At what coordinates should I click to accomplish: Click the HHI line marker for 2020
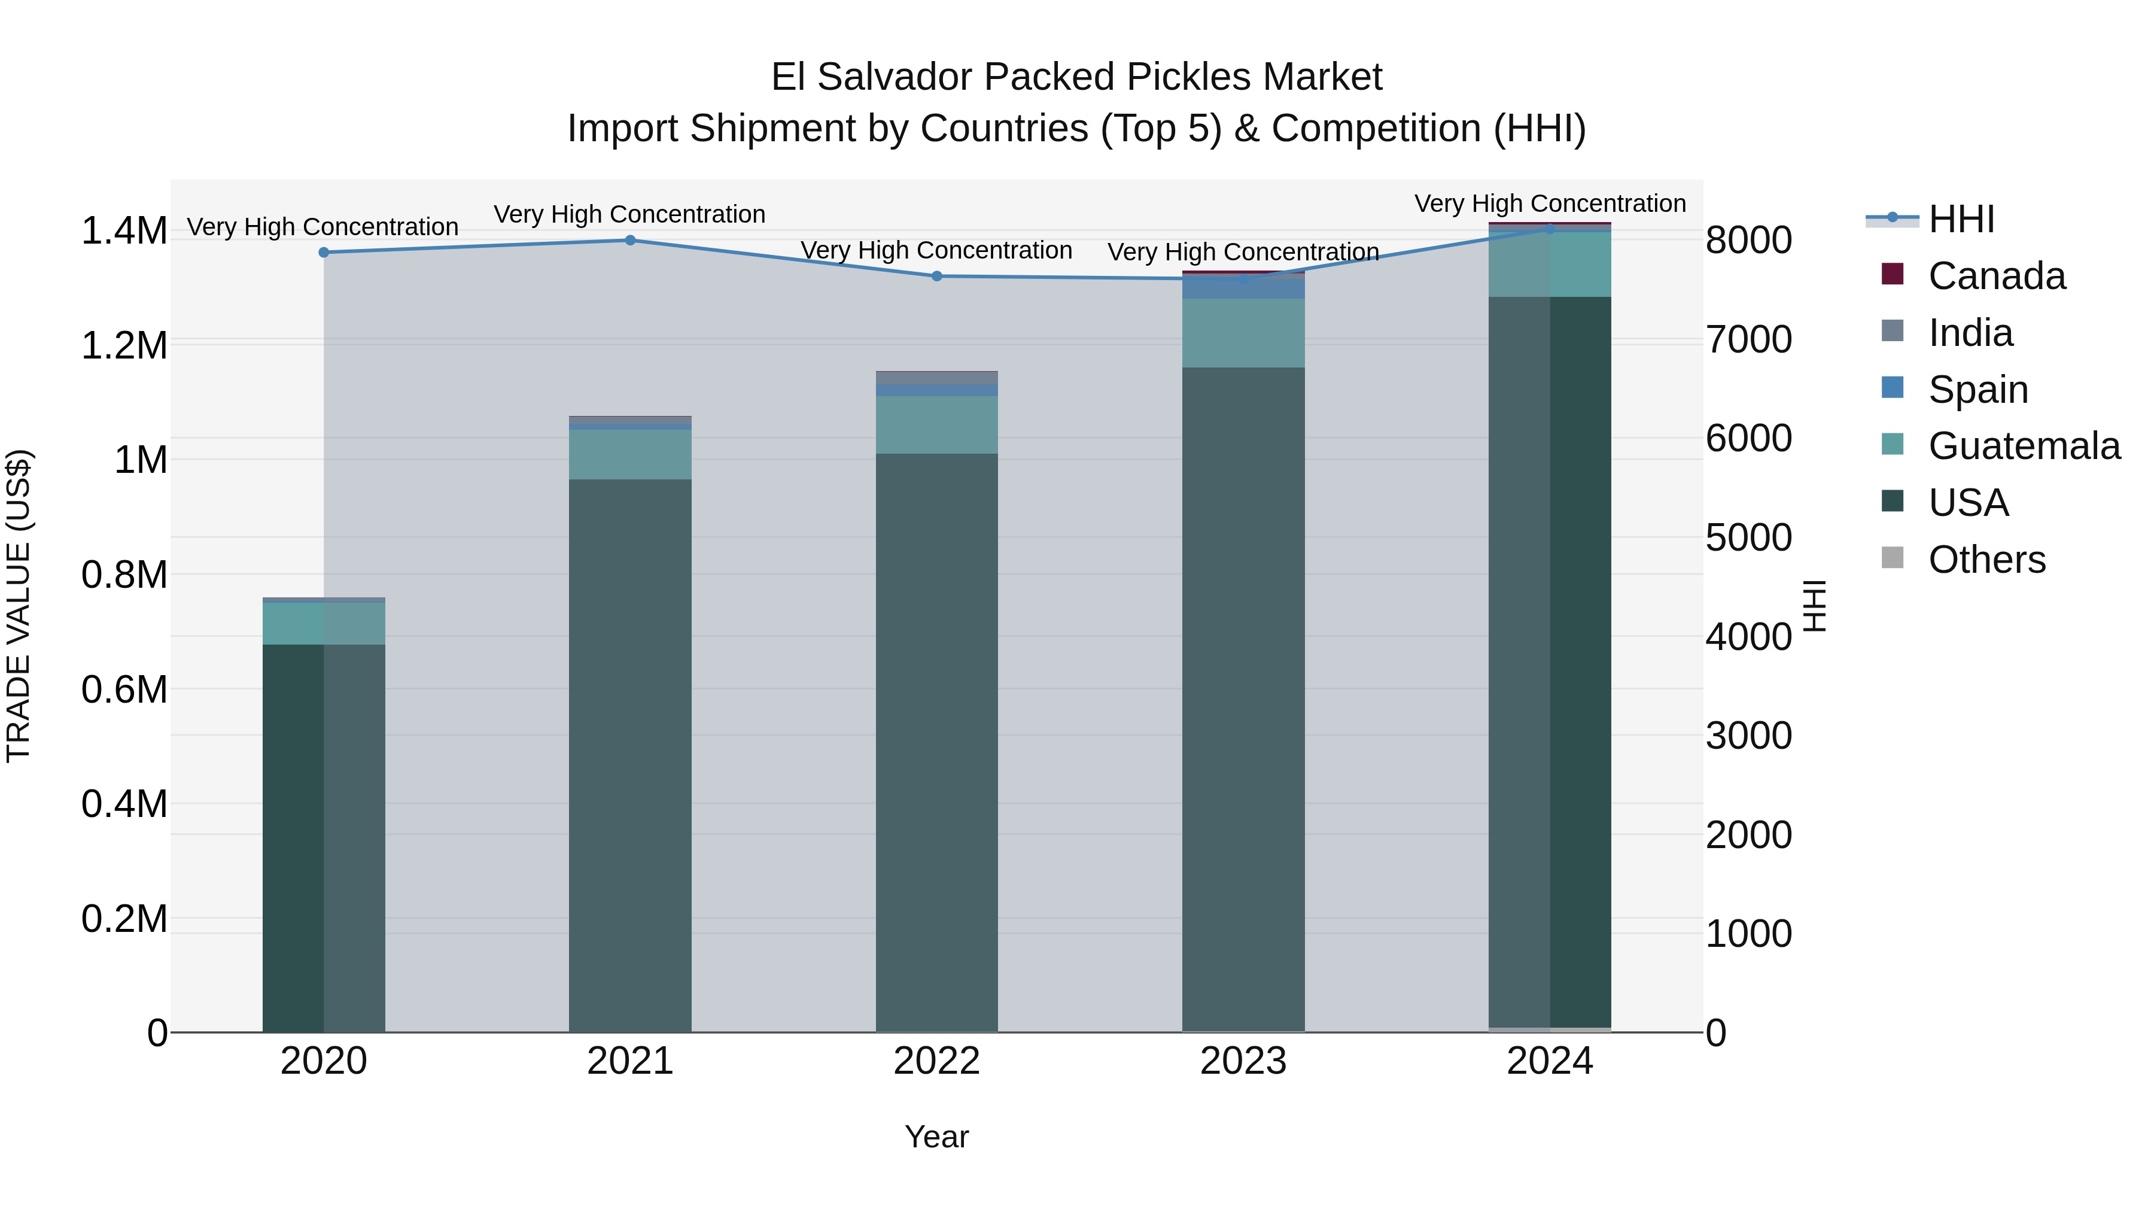[324, 252]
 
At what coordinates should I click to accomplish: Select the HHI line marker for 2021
[631, 240]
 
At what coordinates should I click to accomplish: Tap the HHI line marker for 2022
[936, 276]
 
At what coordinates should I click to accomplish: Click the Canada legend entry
[1996, 276]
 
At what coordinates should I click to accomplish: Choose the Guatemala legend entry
[2024, 446]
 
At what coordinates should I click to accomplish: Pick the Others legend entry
[1986, 560]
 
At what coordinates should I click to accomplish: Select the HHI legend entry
[1961, 219]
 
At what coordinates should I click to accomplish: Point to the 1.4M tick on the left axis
[124, 231]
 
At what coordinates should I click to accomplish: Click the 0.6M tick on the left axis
[124, 690]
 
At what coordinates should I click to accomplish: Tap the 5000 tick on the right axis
[1748, 538]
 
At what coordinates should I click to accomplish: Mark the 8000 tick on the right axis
[1748, 240]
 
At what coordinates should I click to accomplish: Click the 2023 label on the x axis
[1243, 1061]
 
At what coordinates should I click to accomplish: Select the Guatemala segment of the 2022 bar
[936, 425]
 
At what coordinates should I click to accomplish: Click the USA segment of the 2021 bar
[631, 753]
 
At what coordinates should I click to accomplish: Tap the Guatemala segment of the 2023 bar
[1243, 333]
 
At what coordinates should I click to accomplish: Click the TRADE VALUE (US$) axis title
[19, 606]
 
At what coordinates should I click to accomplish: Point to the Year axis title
[936, 1137]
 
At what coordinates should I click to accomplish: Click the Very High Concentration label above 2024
[1550, 203]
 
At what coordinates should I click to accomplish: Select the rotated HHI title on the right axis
[1813, 606]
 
